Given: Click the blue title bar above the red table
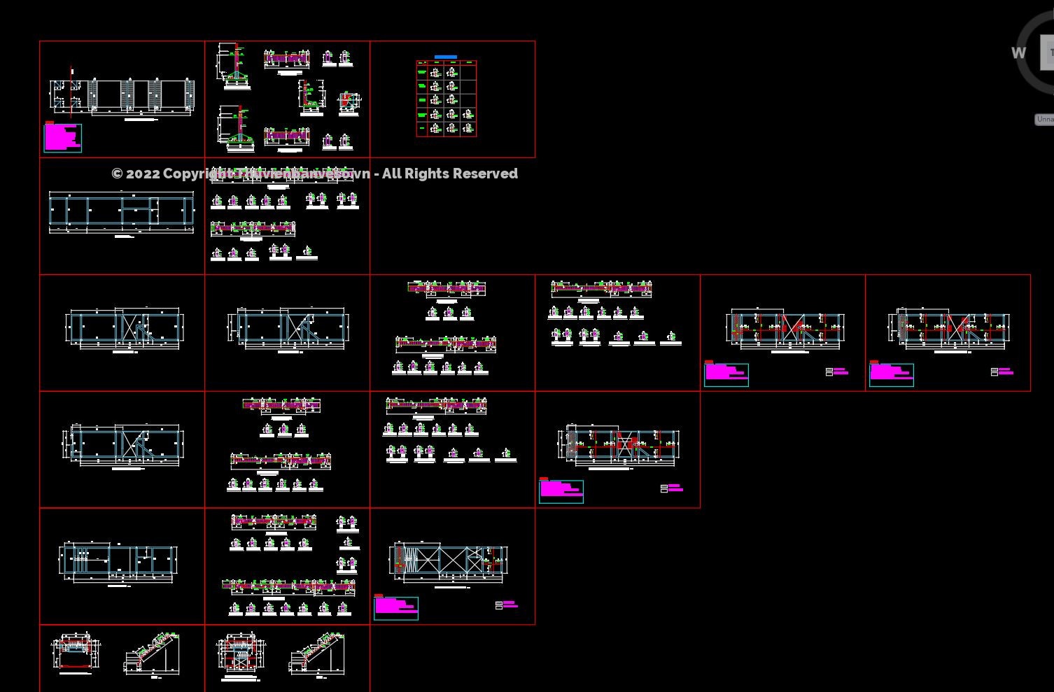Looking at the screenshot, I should (445, 57).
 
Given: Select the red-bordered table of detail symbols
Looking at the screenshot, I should (446, 98).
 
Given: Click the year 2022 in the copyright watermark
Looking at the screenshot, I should (142, 174).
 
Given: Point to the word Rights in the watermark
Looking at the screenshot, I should (427, 174).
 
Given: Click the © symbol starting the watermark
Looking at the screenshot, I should (117, 174).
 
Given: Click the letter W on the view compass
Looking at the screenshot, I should (1018, 53).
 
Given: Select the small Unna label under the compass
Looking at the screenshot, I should (1044, 120).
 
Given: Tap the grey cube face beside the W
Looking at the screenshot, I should (1047, 53).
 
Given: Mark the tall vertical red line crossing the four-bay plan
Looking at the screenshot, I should (71, 91).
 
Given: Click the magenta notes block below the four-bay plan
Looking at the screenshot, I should (62, 137).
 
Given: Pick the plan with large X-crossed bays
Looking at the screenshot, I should (448, 561).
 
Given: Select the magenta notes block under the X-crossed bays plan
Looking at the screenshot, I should (395, 607).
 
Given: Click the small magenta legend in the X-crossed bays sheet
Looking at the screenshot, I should (507, 605).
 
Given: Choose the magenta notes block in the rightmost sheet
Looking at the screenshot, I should (890, 374).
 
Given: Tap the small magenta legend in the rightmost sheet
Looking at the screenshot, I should (1002, 372).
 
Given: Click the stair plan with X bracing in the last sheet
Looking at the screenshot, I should (240, 656).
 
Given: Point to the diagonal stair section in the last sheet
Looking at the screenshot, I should (318, 654).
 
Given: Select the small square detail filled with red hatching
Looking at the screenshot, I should (349, 102).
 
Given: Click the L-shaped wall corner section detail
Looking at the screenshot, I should (311, 97).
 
